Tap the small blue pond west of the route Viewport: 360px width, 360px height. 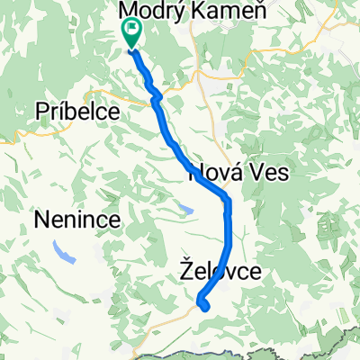coord(185,210)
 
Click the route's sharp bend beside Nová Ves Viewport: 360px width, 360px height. coord(228,199)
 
